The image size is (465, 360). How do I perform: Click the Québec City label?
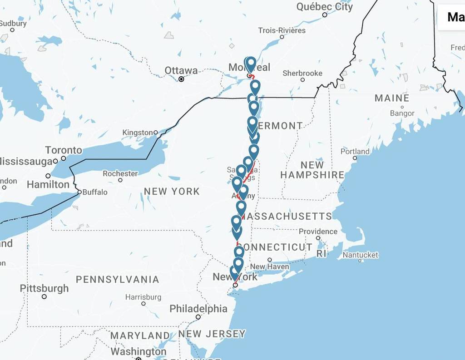(324, 6)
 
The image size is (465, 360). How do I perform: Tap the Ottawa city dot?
(181, 79)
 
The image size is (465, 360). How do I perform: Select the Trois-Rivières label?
(282, 30)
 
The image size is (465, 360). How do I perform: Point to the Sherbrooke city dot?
(302, 80)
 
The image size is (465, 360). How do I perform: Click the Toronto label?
(64, 150)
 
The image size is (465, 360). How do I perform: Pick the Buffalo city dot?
(79, 192)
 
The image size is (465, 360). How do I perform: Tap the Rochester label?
(120, 173)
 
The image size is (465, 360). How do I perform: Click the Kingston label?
(138, 133)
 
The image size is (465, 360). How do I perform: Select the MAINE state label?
(391, 98)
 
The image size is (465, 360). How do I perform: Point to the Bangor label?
(402, 113)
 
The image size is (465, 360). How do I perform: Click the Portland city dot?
(355, 158)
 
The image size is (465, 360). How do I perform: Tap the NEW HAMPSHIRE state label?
(312, 170)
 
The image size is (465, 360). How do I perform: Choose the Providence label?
(318, 232)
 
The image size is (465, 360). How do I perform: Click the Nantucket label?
(360, 255)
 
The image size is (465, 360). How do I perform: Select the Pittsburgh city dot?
(44, 296)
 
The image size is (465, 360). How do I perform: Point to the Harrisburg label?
(143, 297)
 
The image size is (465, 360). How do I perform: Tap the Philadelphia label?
(198, 309)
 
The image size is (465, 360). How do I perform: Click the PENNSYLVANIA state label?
(117, 279)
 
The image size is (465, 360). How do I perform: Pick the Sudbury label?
(13, 24)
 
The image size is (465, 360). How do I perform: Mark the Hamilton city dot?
(48, 176)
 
